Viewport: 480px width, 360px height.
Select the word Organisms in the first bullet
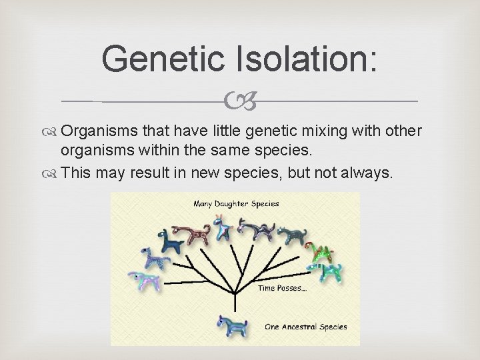point(107,130)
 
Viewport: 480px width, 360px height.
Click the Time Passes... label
point(283,288)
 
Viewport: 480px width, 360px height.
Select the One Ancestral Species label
point(307,327)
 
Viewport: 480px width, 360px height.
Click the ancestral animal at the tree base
point(233,326)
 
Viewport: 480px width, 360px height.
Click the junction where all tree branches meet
point(234,291)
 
